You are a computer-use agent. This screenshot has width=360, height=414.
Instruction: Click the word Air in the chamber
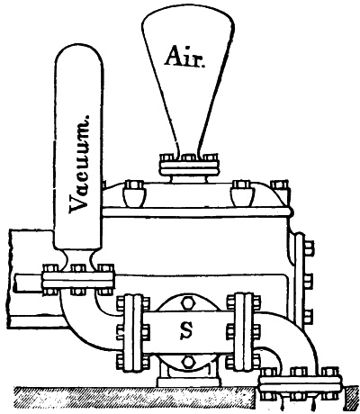click(184, 57)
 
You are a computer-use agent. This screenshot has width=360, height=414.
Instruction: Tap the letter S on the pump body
click(187, 331)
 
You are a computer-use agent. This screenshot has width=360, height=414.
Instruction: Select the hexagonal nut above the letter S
click(188, 303)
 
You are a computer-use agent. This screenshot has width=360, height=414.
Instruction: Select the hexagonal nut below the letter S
click(188, 362)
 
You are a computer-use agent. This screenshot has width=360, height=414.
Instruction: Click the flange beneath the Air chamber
click(189, 168)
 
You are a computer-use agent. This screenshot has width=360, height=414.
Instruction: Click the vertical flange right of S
click(244, 332)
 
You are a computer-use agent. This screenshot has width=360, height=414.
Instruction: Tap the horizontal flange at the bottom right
click(300, 383)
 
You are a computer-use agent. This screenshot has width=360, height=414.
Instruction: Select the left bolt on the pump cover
click(134, 193)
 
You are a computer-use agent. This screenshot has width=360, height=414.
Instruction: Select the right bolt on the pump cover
click(242, 193)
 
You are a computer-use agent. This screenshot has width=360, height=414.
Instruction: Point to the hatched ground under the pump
click(135, 396)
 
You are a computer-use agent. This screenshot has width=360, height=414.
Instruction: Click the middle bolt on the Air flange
click(189, 157)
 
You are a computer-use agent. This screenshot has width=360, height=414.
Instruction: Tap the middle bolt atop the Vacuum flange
click(78, 267)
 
